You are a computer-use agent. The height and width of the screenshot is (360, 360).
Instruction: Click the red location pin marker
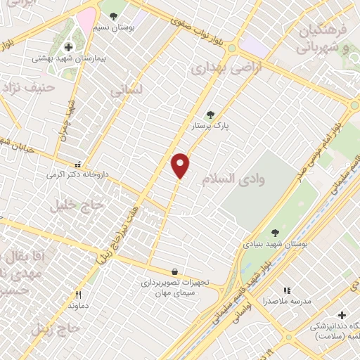[181, 165]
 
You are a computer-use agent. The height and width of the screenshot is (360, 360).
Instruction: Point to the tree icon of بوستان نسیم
[113, 15]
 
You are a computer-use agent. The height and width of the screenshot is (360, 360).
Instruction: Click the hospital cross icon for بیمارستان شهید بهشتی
[67, 47]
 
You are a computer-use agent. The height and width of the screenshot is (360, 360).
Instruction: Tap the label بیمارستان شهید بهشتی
[67, 59]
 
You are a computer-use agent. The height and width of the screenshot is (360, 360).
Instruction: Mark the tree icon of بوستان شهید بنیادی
[275, 233]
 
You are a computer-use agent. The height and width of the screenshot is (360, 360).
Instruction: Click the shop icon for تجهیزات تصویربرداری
[174, 271]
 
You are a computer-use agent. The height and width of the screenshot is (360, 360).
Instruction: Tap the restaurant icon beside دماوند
[78, 295]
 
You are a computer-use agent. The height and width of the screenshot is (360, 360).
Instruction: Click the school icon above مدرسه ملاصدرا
[286, 290]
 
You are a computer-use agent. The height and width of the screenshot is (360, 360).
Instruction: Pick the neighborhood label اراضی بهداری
[219, 68]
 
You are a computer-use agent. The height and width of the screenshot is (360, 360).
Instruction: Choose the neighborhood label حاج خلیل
[78, 205]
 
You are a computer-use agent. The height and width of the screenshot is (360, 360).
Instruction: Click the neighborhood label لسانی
[127, 91]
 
